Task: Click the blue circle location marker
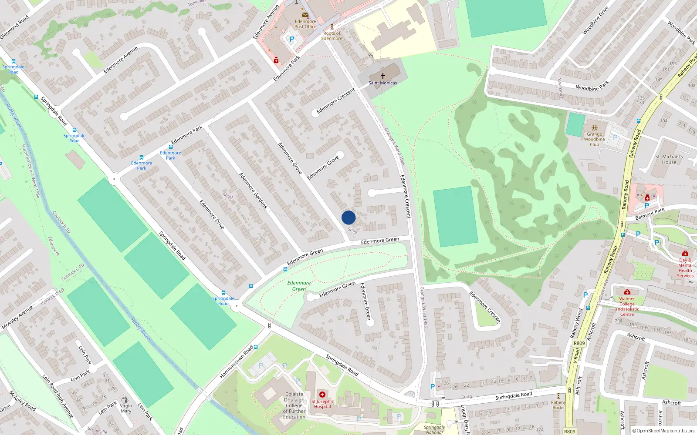(348, 217)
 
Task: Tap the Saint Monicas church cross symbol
(383, 76)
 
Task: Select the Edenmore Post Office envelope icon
(305, 15)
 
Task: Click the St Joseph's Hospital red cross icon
(322, 395)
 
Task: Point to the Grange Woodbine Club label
(594, 139)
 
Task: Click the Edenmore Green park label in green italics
(299, 286)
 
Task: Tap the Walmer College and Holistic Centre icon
(627, 292)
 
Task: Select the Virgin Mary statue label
(126, 408)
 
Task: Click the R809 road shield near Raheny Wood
(579, 343)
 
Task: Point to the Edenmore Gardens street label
(253, 190)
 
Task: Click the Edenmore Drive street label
(212, 214)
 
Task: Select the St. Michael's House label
(669, 159)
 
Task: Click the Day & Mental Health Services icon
(685, 253)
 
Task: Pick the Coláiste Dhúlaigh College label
(294, 405)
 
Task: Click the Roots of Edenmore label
(332, 36)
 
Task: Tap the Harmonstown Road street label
(237, 362)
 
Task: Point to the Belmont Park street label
(650, 214)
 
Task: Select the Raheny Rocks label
(558, 405)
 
